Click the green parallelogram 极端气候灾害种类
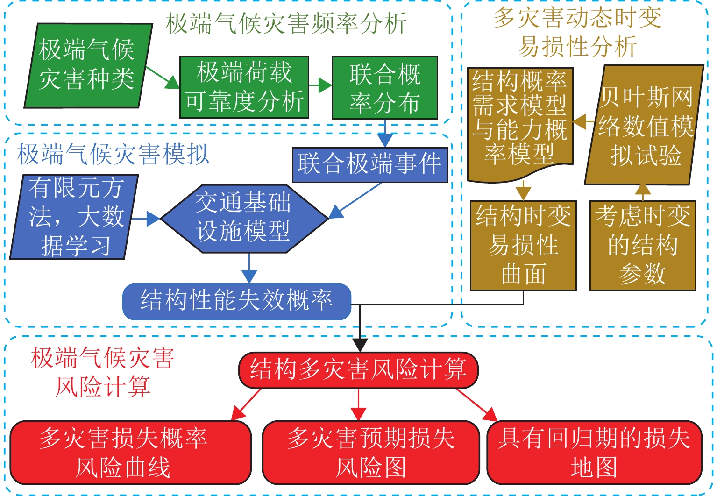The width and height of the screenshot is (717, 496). click(x=88, y=65)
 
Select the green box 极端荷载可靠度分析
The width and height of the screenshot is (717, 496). click(x=244, y=87)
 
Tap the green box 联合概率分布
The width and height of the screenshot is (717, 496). click(x=384, y=88)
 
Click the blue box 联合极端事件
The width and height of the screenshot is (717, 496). click(x=369, y=165)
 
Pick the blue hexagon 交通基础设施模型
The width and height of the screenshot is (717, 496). click(x=244, y=218)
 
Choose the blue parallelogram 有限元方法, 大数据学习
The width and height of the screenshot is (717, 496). click(x=75, y=217)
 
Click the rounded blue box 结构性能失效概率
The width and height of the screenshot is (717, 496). click(x=236, y=301)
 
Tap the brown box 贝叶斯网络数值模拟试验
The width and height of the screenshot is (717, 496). click(x=645, y=125)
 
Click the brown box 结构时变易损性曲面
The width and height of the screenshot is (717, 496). click(x=523, y=246)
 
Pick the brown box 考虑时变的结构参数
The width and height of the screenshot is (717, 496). click(x=643, y=246)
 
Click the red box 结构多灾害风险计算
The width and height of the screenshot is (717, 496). click(x=358, y=370)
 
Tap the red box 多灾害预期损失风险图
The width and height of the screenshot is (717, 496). click(x=370, y=453)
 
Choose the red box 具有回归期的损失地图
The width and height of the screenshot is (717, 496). click(x=594, y=453)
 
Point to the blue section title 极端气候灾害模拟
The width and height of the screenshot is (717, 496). click(x=113, y=154)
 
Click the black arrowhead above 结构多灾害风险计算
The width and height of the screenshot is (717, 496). click(x=360, y=345)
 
